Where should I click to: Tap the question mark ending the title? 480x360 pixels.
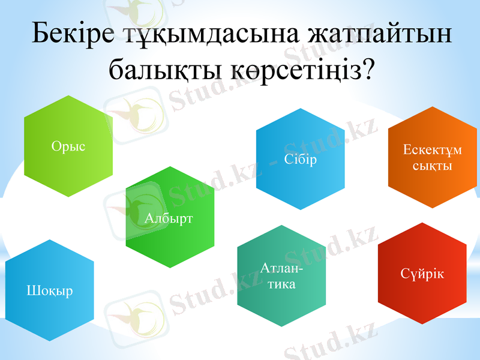[368, 70]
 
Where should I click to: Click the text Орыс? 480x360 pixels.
[68, 146]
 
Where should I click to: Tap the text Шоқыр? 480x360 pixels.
[50, 291]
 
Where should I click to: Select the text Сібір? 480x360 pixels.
[301, 160]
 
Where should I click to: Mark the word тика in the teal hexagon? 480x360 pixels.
[281, 284]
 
